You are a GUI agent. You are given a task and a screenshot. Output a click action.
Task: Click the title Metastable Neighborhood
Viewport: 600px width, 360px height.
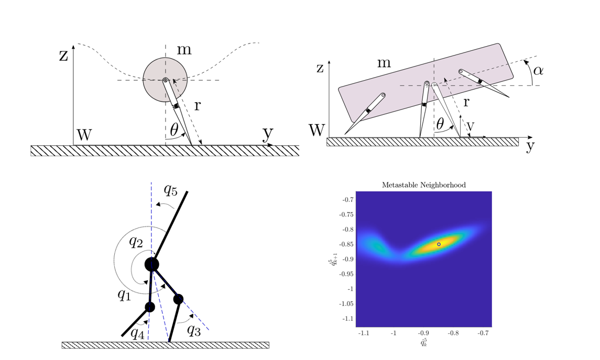click(x=423, y=185)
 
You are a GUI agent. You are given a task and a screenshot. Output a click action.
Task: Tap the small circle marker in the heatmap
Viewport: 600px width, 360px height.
click(x=439, y=244)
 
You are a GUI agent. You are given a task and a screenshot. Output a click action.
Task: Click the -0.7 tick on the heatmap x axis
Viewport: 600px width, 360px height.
click(x=484, y=332)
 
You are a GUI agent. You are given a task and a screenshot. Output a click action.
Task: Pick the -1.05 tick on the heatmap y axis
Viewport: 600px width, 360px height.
click(x=346, y=303)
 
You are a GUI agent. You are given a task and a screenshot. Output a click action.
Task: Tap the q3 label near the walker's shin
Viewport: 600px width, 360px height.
click(x=193, y=331)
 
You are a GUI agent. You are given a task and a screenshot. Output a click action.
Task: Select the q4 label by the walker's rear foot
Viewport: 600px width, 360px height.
click(x=137, y=333)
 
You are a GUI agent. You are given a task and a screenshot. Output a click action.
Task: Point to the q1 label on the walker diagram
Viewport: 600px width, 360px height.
click(x=124, y=294)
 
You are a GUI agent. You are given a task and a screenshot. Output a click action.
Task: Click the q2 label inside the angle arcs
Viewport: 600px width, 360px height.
click(x=136, y=242)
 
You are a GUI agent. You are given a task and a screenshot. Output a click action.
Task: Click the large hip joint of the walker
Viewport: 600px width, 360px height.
click(x=152, y=264)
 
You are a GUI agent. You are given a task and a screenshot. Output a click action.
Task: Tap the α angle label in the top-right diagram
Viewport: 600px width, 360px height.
click(x=538, y=69)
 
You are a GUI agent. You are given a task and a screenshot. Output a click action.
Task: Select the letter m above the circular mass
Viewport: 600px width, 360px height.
click(x=184, y=50)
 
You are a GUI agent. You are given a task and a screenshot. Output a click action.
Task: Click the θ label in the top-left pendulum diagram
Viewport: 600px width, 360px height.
click(x=174, y=128)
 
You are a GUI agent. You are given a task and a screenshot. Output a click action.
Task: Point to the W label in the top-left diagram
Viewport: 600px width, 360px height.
click(x=84, y=135)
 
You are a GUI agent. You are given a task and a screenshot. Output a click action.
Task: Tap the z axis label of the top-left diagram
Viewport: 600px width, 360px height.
click(x=63, y=55)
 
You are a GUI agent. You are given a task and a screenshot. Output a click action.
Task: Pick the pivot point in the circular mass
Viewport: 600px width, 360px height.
click(x=165, y=80)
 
